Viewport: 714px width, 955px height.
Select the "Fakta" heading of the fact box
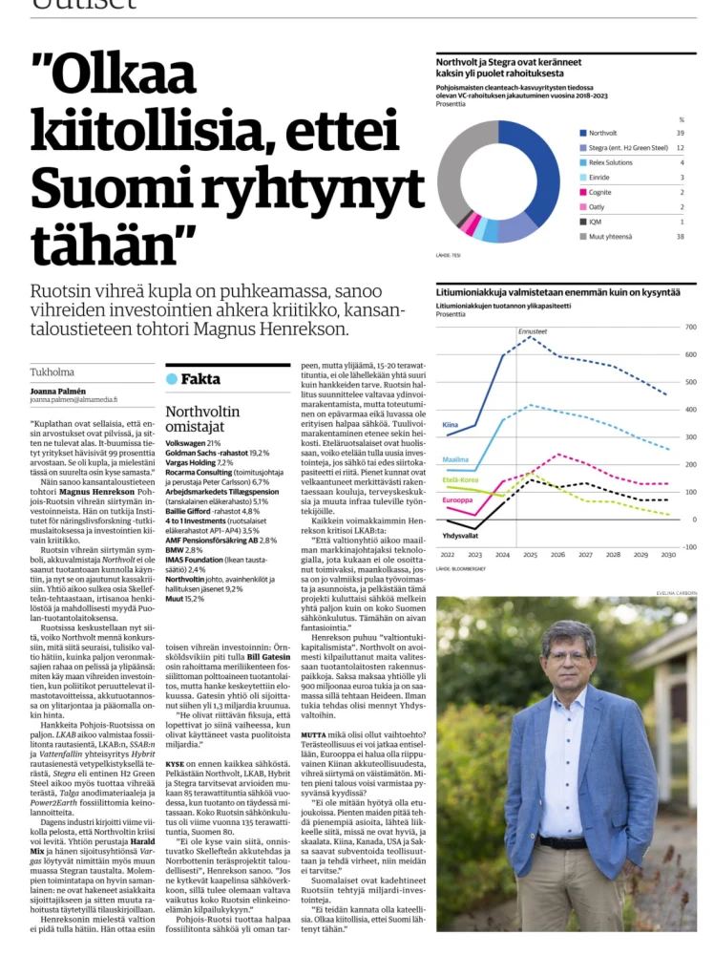(202, 378)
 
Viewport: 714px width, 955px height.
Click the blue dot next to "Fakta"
(172, 378)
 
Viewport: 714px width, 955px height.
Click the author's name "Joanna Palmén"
(56, 392)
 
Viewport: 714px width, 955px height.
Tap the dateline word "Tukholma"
(52, 371)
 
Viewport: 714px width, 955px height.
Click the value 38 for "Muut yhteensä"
(681, 235)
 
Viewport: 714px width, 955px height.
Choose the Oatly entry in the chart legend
(598, 206)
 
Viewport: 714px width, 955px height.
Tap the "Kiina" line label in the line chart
(451, 425)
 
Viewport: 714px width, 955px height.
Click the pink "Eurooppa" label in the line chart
(457, 499)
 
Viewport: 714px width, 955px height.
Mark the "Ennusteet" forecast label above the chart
(533, 331)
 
